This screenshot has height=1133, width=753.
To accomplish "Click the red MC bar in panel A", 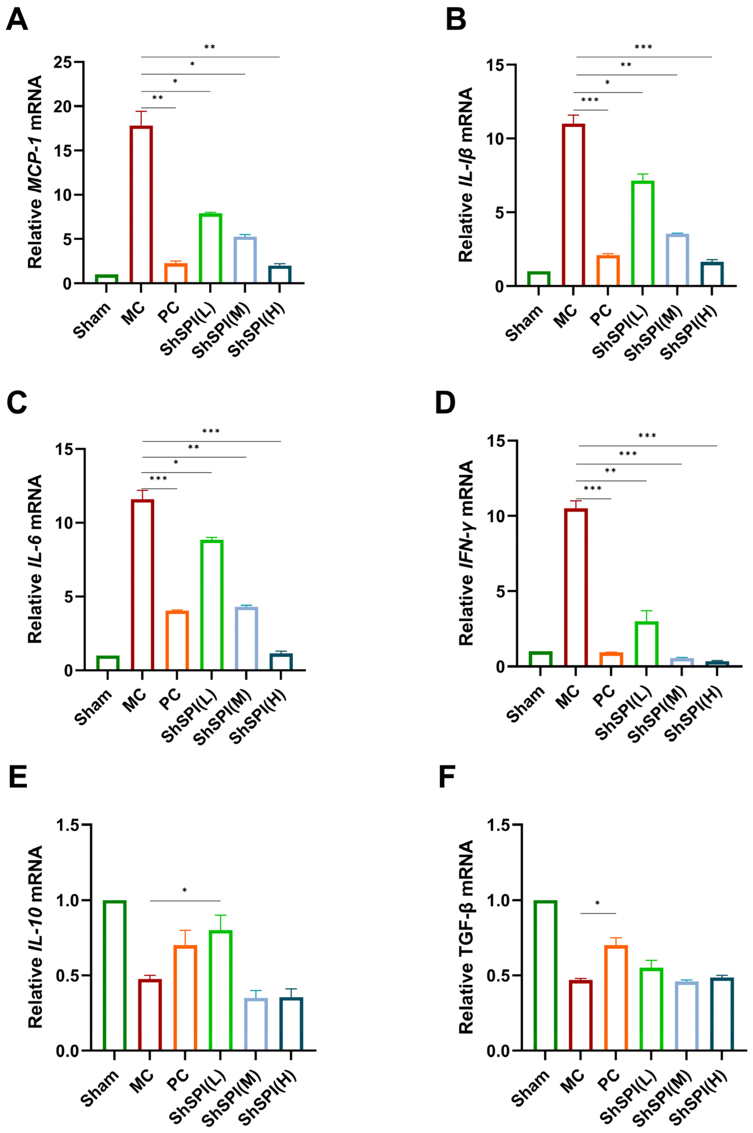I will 141,204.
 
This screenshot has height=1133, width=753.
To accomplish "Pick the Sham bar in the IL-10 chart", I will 114,975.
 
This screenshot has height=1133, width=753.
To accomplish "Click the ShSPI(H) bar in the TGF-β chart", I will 722,1014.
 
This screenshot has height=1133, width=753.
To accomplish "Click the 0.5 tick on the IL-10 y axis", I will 67,975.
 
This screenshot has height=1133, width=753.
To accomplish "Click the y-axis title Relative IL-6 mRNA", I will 35,560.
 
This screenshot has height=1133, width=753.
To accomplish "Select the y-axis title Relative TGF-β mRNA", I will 466,937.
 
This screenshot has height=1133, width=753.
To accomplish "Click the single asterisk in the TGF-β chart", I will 597,904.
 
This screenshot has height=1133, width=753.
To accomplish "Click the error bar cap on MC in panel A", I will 141,112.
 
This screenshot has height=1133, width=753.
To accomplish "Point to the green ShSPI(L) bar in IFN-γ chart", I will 646,644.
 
